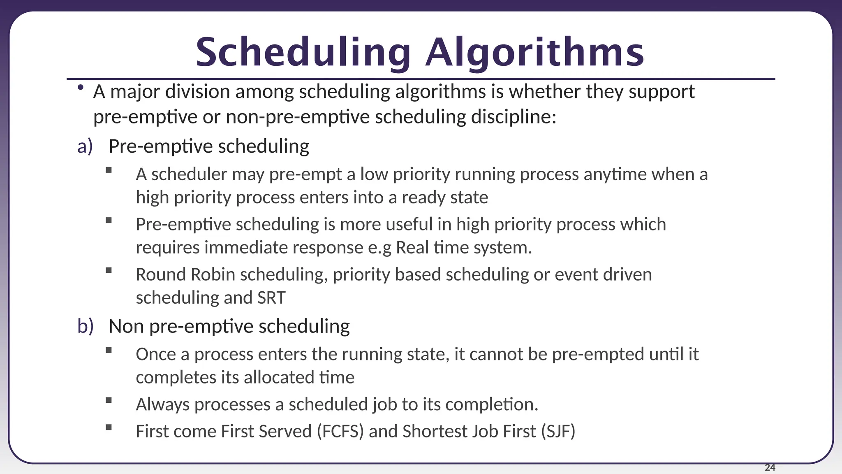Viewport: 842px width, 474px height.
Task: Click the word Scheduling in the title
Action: tap(303, 53)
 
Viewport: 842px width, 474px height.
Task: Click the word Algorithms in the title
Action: tap(534, 53)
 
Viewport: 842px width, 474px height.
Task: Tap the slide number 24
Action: tap(770, 467)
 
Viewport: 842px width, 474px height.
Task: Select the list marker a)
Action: tap(85, 146)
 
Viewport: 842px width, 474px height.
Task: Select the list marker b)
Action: tap(86, 326)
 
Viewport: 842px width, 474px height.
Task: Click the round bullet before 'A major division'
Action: tap(81, 87)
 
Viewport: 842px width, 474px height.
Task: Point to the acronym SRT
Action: tap(271, 298)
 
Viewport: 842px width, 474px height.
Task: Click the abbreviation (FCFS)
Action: tap(340, 432)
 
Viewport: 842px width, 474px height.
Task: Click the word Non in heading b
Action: tap(126, 326)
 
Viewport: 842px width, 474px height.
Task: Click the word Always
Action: tap(163, 405)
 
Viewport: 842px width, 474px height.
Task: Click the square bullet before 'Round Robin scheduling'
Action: tap(109, 270)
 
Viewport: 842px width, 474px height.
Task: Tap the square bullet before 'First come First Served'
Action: tap(109, 427)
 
